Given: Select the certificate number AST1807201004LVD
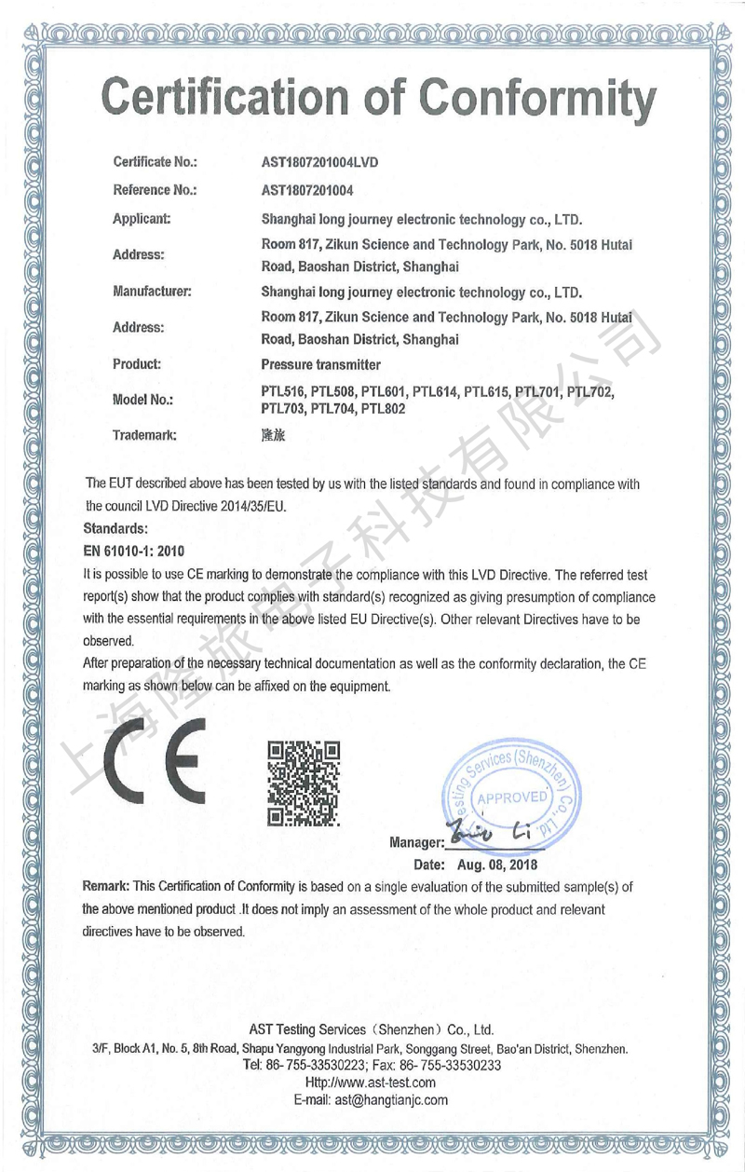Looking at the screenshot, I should pos(320,161).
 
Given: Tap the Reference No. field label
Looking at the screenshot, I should pos(155,190).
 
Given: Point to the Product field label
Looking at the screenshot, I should pos(137,363).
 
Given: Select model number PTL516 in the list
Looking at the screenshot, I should pos(284,391).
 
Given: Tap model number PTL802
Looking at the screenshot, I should pos(383,408).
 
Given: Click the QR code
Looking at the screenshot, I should pos(304,784).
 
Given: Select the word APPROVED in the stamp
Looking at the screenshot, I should pos(512,797).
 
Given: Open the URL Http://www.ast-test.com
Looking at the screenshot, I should pos(372,1083).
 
